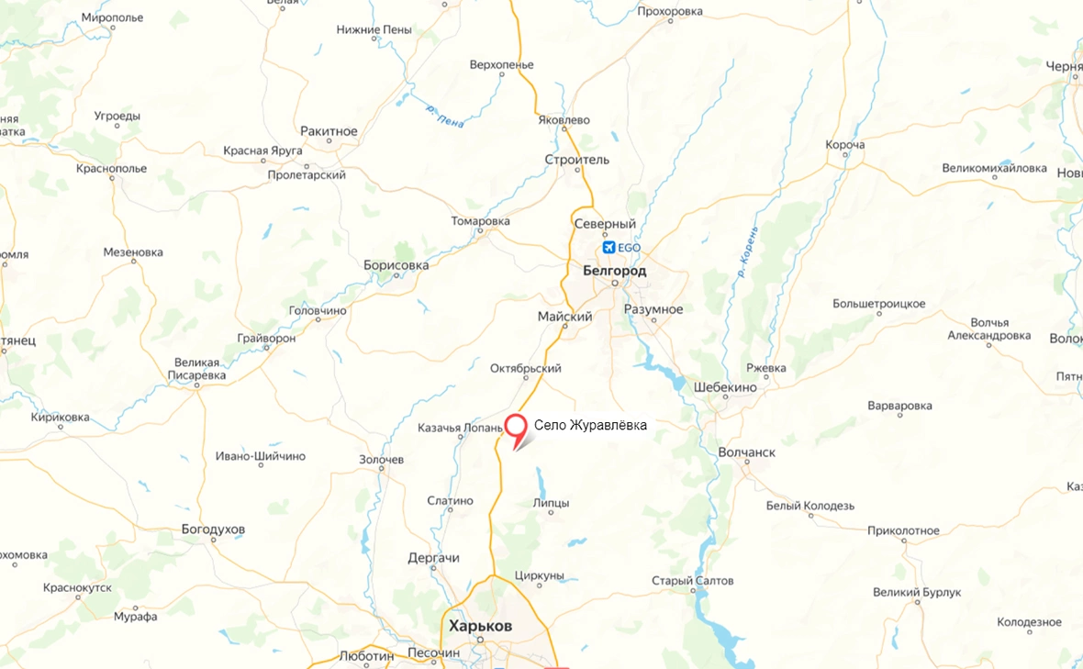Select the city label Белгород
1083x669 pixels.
(x=614, y=271)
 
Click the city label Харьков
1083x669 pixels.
(x=480, y=626)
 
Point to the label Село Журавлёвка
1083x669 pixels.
(x=590, y=426)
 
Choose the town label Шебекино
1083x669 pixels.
(x=725, y=387)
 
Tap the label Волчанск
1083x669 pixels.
(x=746, y=452)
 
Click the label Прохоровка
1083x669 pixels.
(x=669, y=11)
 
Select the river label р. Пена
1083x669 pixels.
(x=445, y=114)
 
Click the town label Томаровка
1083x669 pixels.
(x=480, y=221)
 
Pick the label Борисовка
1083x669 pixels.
(x=396, y=265)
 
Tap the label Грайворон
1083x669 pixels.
(x=266, y=339)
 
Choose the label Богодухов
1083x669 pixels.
(x=213, y=530)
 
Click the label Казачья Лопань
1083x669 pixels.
(x=460, y=428)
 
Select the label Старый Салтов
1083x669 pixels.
(x=692, y=581)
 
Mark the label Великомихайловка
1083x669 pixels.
(x=994, y=169)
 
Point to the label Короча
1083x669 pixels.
(x=844, y=145)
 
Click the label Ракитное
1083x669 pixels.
(x=329, y=131)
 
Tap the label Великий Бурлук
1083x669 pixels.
(x=917, y=593)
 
